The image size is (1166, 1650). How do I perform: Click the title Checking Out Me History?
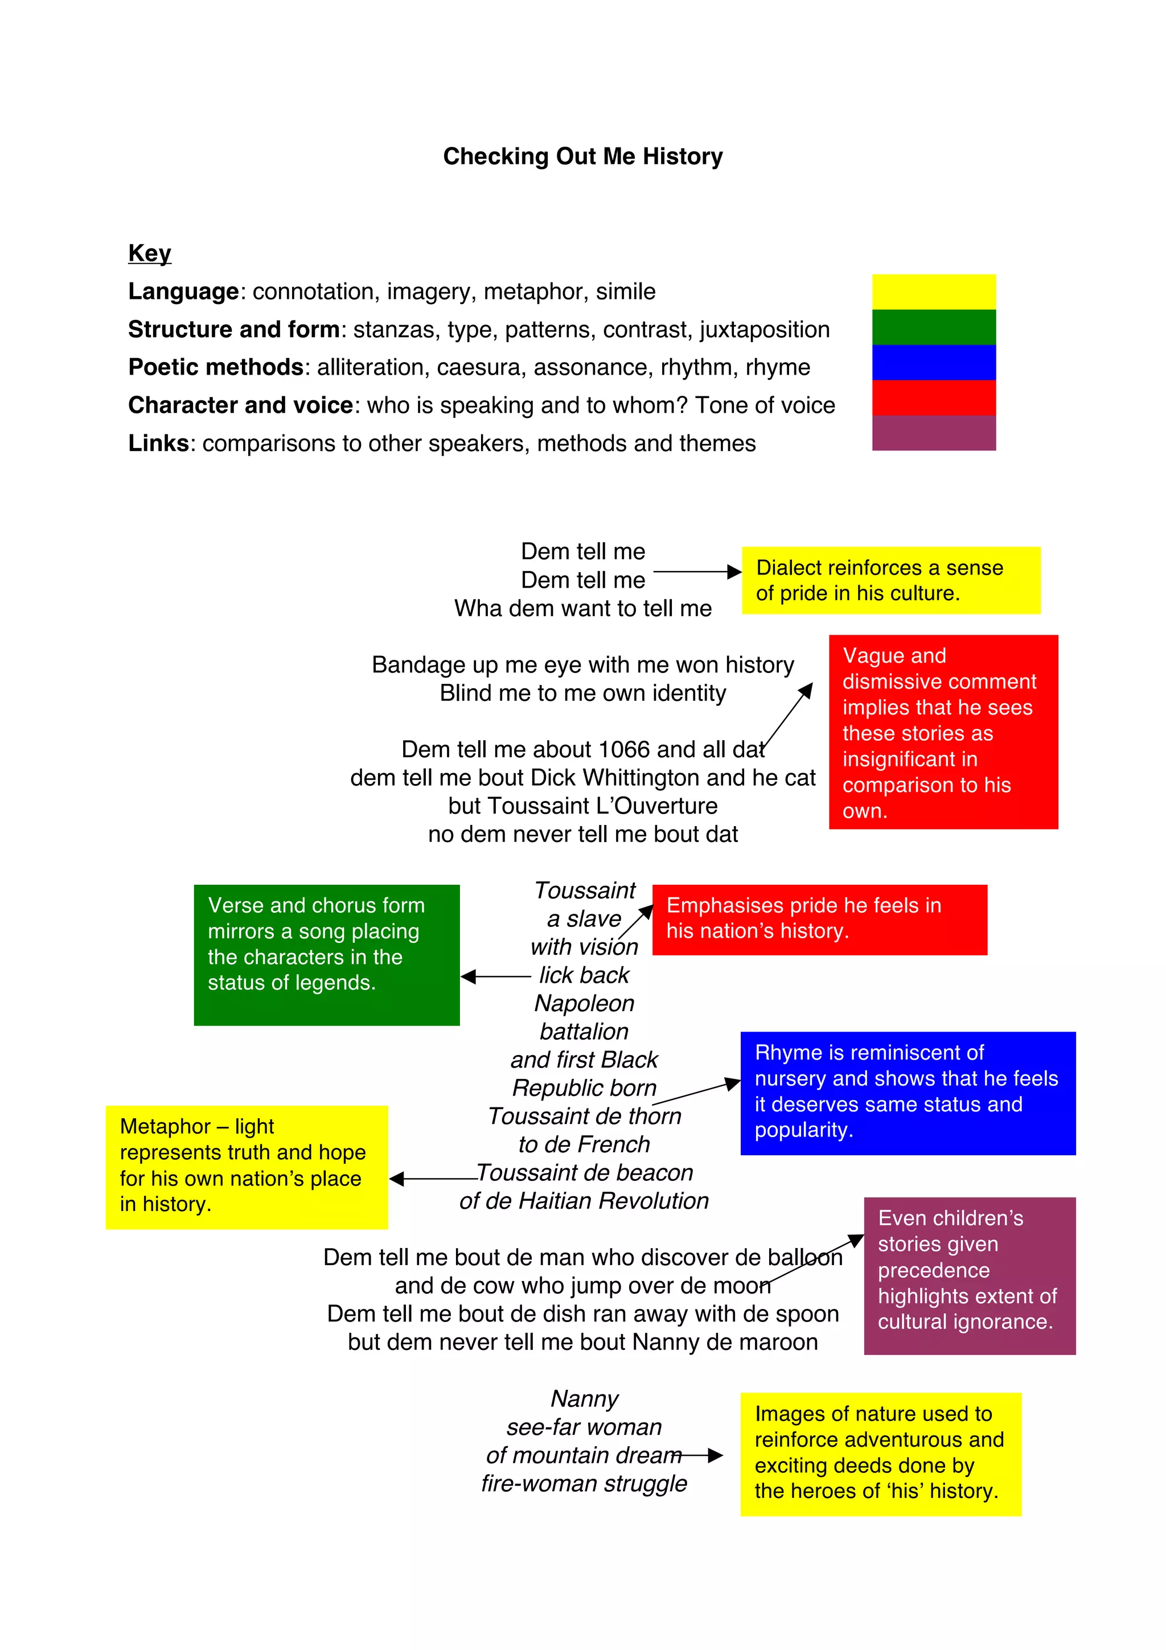(582, 157)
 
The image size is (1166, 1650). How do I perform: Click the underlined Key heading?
(149, 253)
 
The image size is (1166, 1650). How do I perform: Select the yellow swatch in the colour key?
(933, 292)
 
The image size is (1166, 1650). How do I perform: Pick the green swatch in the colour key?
(933, 327)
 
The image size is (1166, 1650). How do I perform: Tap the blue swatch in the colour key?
(933, 362)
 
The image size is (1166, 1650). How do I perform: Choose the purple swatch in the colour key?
(933, 433)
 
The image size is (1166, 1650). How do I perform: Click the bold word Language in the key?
(183, 292)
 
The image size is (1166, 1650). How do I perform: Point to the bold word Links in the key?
(158, 444)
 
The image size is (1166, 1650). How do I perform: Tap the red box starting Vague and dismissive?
(943, 732)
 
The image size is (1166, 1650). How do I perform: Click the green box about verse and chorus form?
(326, 954)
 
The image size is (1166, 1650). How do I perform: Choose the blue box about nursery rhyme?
(908, 1093)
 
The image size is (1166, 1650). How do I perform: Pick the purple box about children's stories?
(969, 1275)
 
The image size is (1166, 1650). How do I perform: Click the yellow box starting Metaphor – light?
(247, 1167)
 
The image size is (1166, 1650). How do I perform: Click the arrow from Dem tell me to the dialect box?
(697, 572)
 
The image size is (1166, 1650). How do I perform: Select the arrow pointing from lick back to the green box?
(496, 976)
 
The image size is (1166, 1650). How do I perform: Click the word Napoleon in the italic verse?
(584, 1003)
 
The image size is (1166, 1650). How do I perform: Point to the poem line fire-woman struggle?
(584, 1483)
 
